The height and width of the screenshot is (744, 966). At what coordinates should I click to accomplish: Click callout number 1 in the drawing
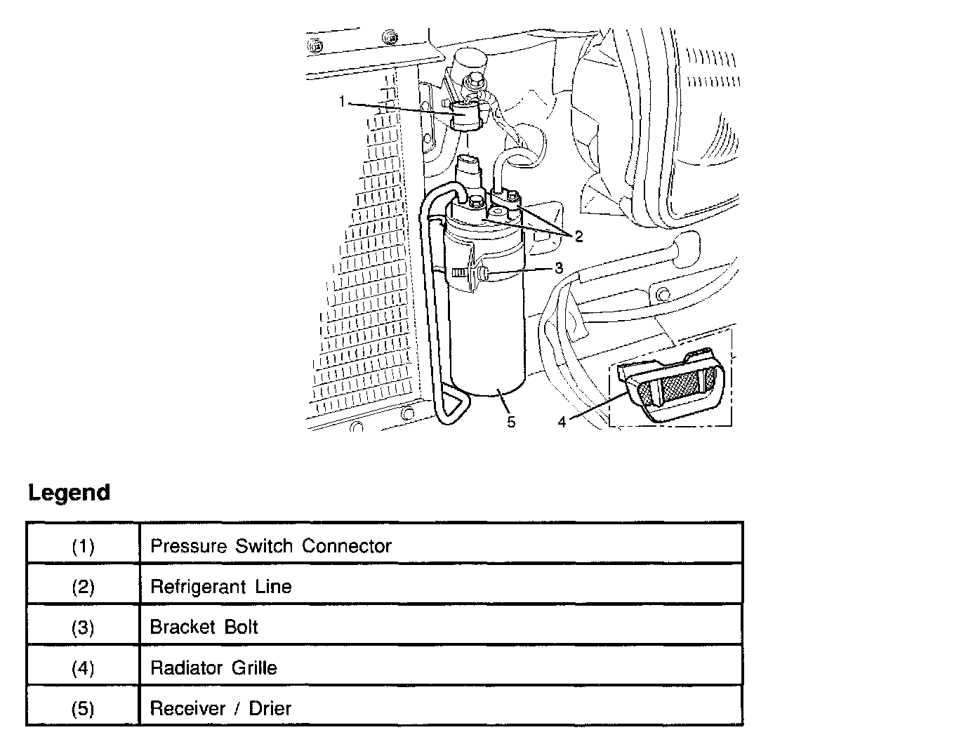(x=343, y=102)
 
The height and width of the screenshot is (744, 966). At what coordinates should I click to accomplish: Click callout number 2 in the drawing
(x=578, y=237)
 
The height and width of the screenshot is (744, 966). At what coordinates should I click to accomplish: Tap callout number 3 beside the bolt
(x=559, y=267)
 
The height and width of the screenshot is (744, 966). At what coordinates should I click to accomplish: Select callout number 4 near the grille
(x=562, y=422)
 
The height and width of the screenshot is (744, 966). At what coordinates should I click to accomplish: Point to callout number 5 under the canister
(x=511, y=421)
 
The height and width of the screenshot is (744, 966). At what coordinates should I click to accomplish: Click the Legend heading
(x=69, y=492)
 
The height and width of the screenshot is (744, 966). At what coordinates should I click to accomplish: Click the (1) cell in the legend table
(x=83, y=545)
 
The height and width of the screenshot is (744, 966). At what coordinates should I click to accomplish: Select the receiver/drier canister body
(x=486, y=330)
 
